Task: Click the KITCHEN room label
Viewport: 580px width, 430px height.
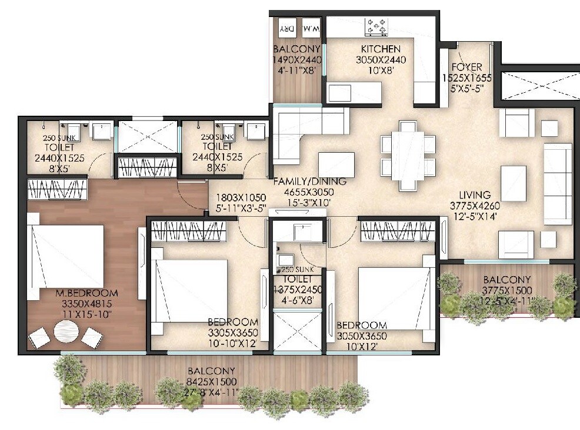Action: [381, 49]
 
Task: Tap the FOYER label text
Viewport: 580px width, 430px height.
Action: [466, 66]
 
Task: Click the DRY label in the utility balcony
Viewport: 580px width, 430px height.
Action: [286, 28]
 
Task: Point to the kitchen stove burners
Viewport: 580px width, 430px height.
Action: [377, 26]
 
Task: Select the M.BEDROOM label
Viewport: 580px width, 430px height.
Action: [87, 293]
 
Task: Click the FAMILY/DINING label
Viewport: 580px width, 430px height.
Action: [310, 182]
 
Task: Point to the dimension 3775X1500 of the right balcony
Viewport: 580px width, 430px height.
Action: [506, 290]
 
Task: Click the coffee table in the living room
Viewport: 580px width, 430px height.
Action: [513, 183]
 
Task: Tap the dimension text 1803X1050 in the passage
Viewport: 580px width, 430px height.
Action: [241, 197]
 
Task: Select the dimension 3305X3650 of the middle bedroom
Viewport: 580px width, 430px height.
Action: [232, 332]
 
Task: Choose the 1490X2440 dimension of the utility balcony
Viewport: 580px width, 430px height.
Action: [296, 59]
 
